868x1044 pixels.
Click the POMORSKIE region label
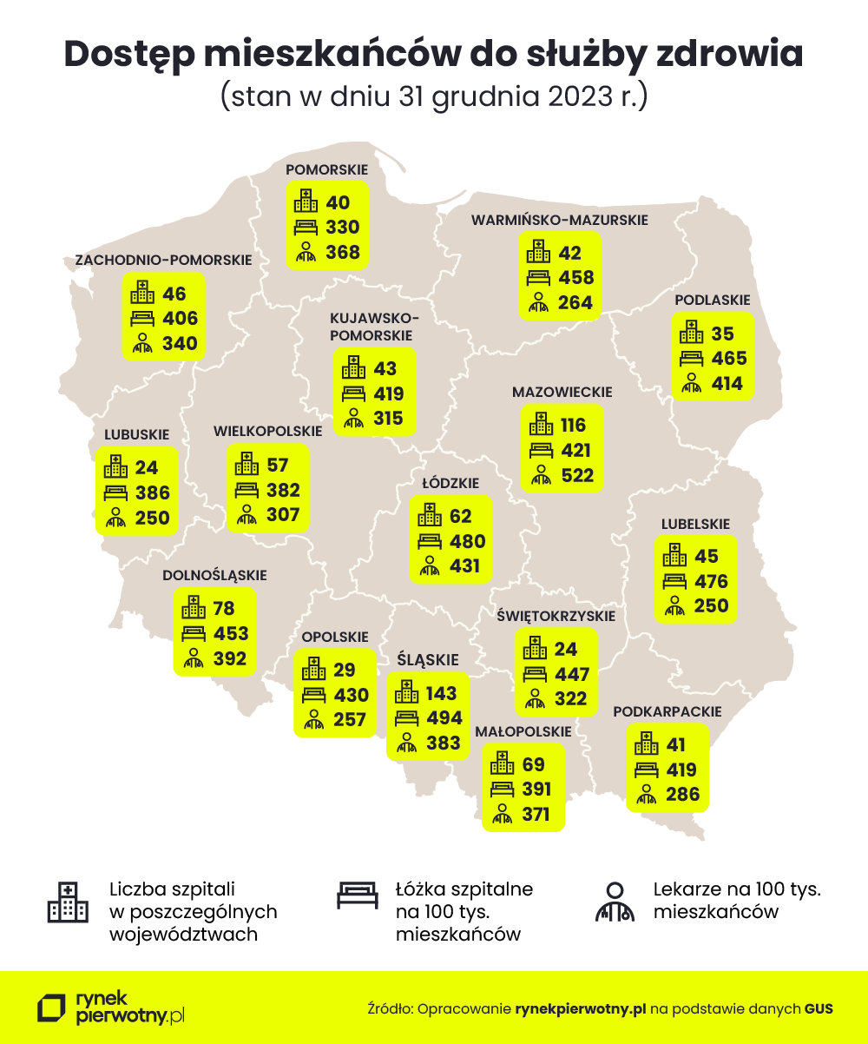coord(327,169)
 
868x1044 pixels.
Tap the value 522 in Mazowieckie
coord(575,475)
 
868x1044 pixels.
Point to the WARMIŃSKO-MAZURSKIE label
coord(560,220)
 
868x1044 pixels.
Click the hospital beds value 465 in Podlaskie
coord(728,359)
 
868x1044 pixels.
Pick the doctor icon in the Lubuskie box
coord(115,519)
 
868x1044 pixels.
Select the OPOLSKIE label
coord(335,637)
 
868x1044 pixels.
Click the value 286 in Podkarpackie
coord(682,794)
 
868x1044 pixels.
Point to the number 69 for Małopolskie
coord(534,765)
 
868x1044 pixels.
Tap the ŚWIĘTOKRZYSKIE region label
coord(556,616)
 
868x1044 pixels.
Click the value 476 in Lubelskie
coord(710,581)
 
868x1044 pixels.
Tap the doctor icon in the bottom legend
coord(615,902)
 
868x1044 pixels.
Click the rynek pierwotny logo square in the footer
coord(51,1008)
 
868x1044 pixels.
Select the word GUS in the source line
coord(818,1008)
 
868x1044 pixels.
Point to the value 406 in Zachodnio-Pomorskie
coord(181,319)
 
